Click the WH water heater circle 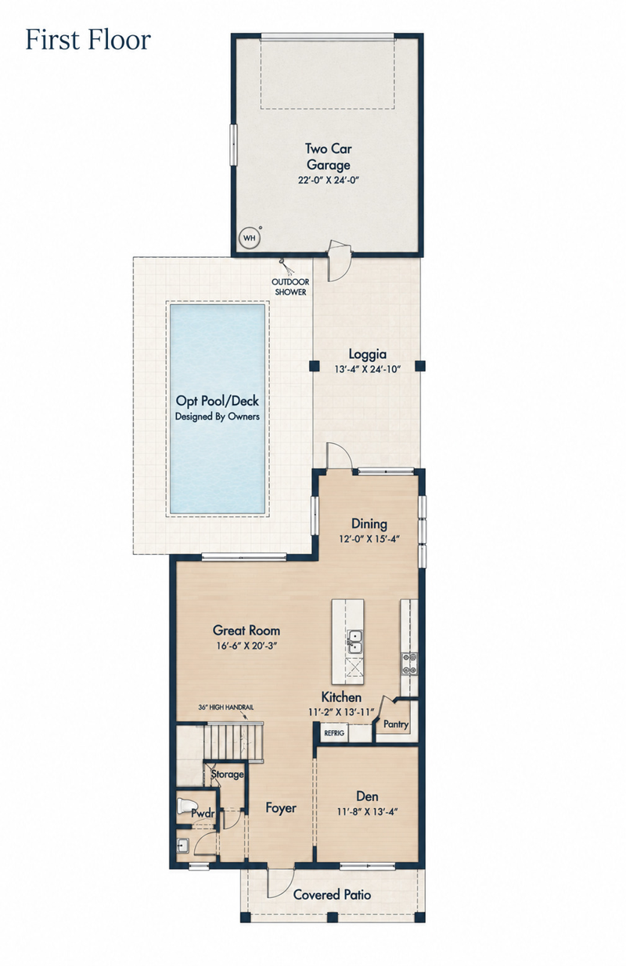249,238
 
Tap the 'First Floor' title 88,40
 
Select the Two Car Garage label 329,156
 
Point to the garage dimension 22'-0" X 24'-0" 329,180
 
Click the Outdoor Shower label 290,287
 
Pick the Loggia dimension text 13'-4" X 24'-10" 368,369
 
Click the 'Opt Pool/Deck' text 218,401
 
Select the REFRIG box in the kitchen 334,732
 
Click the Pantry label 396,724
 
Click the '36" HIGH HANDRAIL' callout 226,707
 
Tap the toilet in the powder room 187,806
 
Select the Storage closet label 228,774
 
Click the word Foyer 281,807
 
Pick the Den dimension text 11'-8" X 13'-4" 368,811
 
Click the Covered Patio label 332,894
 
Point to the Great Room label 246,631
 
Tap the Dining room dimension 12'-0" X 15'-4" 369,538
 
